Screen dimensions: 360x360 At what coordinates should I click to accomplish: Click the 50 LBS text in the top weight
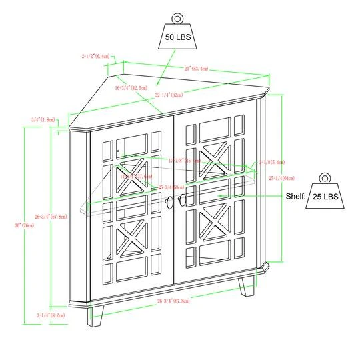pos(178,37)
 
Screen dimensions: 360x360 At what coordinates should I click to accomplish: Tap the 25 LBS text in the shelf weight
pos(326,197)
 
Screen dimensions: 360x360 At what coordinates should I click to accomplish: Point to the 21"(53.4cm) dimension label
pos(196,68)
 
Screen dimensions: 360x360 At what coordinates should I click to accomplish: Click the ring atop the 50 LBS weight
pos(178,19)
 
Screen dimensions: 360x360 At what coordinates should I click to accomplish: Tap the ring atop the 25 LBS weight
pos(325,178)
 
